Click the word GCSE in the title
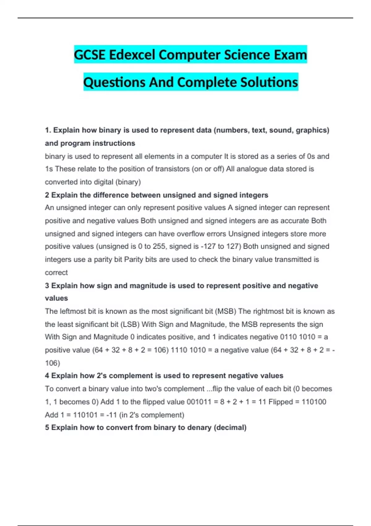pyautogui.click(x=90, y=55)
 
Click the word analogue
pyautogui.click(x=251, y=169)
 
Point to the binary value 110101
pyautogui.click(x=85, y=415)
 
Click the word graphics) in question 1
pyautogui.click(x=312, y=130)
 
